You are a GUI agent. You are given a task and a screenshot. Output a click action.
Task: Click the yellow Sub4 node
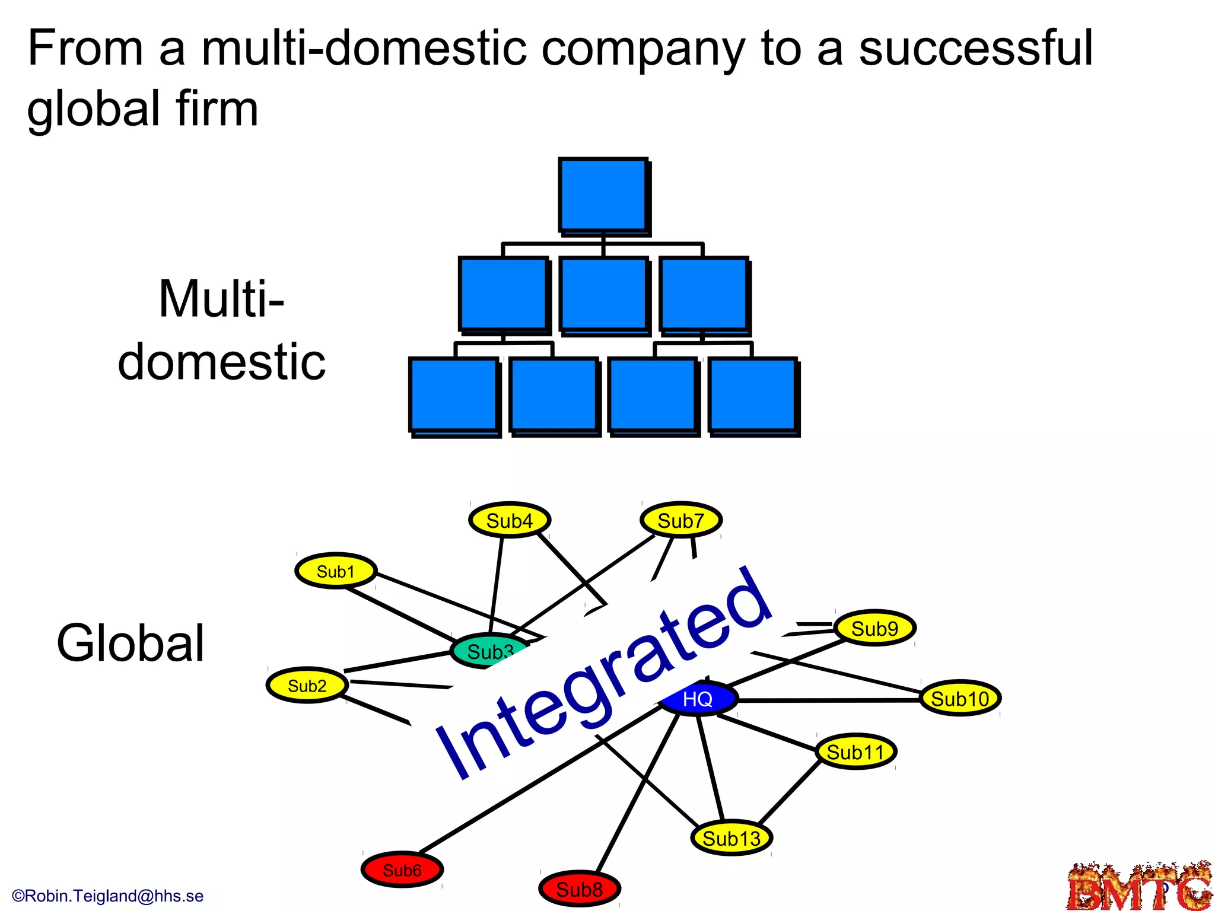(x=510, y=520)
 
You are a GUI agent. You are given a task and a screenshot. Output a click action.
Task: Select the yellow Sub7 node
(x=681, y=520)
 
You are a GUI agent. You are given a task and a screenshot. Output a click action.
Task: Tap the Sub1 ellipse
(x=336, y=571)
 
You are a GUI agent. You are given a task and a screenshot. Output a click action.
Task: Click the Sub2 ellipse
(x=307, y=686)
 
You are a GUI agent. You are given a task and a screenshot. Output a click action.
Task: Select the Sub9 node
(x=874, y=628)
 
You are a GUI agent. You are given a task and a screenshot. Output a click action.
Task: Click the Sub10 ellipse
(x=960, y=698)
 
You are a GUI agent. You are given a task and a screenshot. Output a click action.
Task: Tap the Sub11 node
(x=855, y=752)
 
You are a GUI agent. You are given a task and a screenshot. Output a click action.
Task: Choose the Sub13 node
(x=731, y=838)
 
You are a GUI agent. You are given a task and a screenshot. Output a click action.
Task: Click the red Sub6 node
(x=402, y=870)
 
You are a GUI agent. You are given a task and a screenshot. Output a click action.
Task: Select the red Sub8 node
(x=580, y=889)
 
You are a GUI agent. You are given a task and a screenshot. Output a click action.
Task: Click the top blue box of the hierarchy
(x=603, y=195)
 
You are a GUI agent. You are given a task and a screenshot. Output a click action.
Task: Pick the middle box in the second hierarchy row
(x=603, y=294)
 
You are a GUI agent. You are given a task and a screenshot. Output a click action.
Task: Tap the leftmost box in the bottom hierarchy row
(x=454, y=395)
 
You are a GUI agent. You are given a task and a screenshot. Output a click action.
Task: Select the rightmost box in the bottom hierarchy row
(x=753, y=395)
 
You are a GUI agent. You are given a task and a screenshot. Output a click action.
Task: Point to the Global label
(x=131, y=644)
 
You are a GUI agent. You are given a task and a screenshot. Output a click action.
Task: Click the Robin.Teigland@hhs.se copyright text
(x=107, y=896)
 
